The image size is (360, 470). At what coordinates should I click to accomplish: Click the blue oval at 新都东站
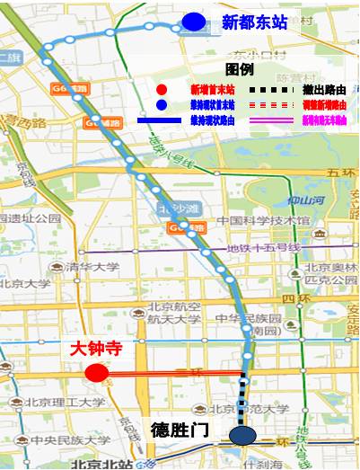(x=192, y=22)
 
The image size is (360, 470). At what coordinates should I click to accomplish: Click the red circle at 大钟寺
(x=95, y=373)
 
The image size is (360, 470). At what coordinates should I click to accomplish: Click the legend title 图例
(x=239, y=68)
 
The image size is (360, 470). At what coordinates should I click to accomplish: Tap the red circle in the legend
(x=161, y=89)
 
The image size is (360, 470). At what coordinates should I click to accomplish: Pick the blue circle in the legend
(x=161, y=104)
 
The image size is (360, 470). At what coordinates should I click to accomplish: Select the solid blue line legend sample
(x=162, y=120)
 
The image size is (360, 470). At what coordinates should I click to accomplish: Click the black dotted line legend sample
(x=268, y=89)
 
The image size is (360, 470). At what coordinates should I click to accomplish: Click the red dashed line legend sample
(x=268, y=104)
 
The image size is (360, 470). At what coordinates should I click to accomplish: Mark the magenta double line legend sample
(x=268, y=120)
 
